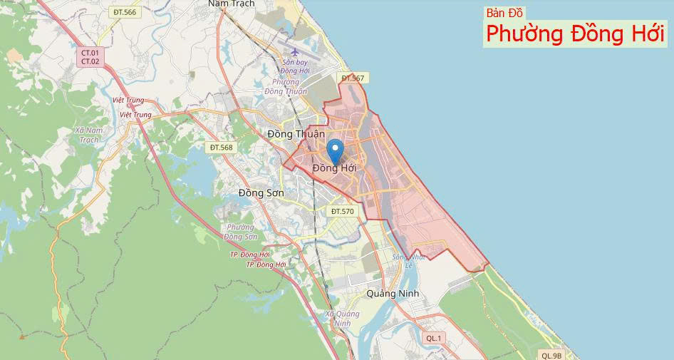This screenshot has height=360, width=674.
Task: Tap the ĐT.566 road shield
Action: pos(124,12)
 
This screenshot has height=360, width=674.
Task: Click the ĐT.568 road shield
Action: pos(221,147)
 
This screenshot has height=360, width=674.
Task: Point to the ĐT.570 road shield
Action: pos(343,212)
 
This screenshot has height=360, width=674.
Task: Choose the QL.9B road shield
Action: pos(551,355)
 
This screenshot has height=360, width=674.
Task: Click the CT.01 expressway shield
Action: pos(90,53)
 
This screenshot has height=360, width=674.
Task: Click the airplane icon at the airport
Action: pos(296,52)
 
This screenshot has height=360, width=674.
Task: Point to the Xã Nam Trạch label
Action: pos(88,135)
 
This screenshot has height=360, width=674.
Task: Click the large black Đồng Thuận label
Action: pos(296,134)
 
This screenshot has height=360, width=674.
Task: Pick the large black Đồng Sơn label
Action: pos(261,192)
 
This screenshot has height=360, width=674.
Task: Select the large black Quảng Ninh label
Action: pos(393,293)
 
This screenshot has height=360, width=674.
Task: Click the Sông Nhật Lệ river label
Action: pos(408,261)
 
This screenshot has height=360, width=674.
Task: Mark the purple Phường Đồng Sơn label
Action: pos(240,232)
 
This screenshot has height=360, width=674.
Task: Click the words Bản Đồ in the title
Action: pos(505,13)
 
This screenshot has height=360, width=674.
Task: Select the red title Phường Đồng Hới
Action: pos(575,34)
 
